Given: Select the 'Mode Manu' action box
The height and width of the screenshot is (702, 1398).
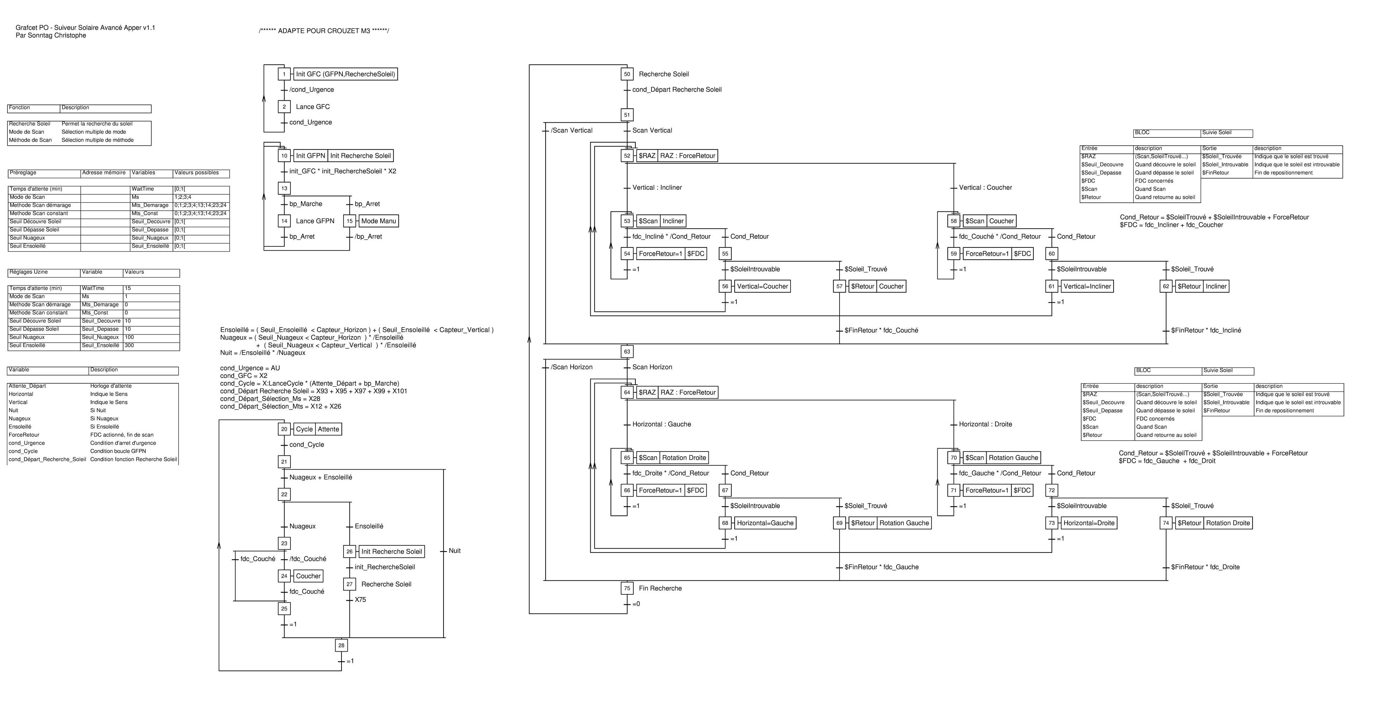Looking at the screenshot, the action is [x=379, y=221].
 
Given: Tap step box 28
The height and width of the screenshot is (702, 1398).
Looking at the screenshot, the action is [x=341, y=645].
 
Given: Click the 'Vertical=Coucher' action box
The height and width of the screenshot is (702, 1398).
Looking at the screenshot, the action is [x=762, y=287].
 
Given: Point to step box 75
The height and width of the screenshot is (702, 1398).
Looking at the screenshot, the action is [x=627, y=588].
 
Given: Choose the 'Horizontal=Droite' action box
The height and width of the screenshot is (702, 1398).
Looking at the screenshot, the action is [x=1089, y=523].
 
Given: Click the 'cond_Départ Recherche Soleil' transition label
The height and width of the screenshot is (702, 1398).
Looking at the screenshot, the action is [x=677, y=89].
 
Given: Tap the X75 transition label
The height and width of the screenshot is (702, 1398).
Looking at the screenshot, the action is [x=360, y=600].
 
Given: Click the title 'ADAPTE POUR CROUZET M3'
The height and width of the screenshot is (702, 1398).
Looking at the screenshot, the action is [x=324, y=31].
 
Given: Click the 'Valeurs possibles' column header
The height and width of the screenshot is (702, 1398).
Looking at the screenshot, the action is [x=196, y=173].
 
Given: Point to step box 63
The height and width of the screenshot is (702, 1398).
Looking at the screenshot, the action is [x=627, y=352].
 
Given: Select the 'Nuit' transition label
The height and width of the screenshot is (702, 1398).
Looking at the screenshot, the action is [x=454, y=551].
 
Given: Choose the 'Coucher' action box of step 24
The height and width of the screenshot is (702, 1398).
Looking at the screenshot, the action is [x=308, y=576].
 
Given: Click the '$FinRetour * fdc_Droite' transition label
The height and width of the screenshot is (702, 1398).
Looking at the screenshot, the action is [x=1205, y=567].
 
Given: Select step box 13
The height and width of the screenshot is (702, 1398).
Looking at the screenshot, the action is [x=284, y=188].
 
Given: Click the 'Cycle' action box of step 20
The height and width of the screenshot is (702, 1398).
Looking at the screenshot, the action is [x=304, y=429].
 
